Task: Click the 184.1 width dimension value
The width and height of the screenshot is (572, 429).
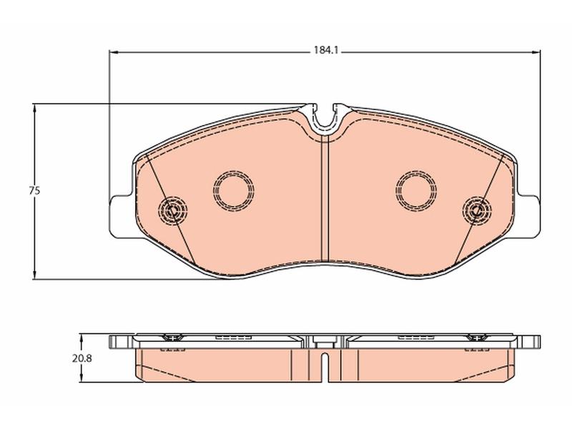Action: click(327, 50)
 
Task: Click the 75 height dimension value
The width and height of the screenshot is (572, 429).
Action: click(35, 190)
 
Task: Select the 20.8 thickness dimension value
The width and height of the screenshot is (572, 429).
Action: click(82, 359)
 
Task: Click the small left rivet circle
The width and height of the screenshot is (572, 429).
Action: click(172, 210)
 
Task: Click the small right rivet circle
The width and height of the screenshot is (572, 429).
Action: click(477, 210)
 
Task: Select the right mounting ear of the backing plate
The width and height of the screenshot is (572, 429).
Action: click(528, 217)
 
